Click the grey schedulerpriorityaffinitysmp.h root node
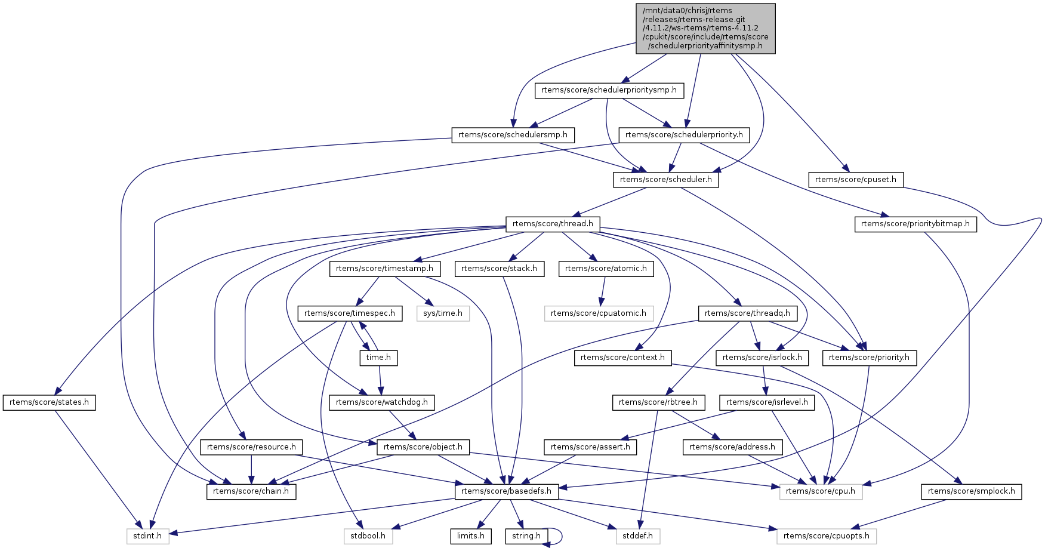click(705, 28)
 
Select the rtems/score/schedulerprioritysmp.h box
click(609, 90)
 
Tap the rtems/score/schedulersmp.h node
click(513, 135)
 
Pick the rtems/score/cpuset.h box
click(855, 179)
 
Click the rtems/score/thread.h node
click(553, 224)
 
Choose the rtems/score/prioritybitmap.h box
click(915, 224)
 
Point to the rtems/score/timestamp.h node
click(384, 269)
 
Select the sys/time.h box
click(443, 313)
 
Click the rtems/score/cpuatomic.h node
click(598, 313)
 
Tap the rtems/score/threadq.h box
click(747, 313)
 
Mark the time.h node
click(378, 358)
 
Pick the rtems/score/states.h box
click(49, 402)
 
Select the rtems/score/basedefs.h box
click(506, 491)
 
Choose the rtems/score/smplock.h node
click(972, 491)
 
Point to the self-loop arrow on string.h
click(560, 536)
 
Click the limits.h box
click(470, 536)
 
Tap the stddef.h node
click(637, 536)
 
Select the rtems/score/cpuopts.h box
click(826, 536)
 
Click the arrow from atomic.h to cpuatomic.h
click(603, 291)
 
